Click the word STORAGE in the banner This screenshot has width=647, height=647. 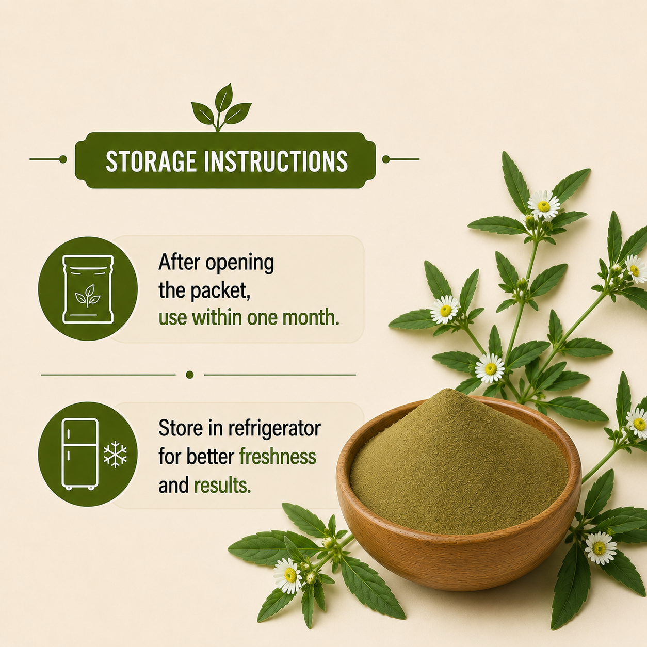tap(151, 161)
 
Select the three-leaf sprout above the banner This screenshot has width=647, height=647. tap(221, 107)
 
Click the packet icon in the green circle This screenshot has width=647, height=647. tap(88, 289)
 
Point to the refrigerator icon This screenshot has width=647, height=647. tap(80, 454)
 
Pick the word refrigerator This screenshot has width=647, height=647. tap(274, 429)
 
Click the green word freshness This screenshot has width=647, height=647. tap(278, 457)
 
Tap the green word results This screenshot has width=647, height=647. tap(222, 485)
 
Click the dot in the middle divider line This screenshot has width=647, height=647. tap(190, 375)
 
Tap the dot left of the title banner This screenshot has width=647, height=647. tap(63, 159)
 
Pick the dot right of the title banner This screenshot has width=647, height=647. tap(386, 159)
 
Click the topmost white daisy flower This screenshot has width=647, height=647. tap(544, 205)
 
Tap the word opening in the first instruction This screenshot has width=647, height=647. tap(240, 264)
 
